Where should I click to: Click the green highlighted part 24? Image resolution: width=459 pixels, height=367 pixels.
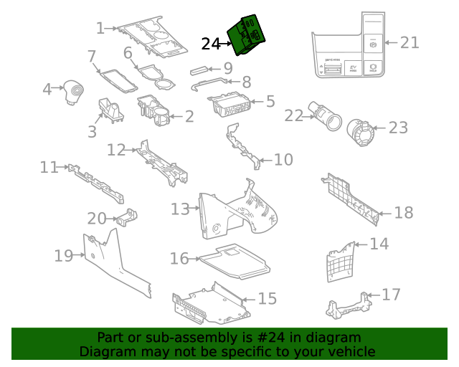tap(246, 36)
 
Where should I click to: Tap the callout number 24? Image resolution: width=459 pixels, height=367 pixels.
tap(211, 44)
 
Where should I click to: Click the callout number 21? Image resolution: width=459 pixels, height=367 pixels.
tap(410, 43)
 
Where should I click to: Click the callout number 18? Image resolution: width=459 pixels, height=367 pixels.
tap(404, 213)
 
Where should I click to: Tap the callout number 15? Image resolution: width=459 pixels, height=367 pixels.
tap(267, 297)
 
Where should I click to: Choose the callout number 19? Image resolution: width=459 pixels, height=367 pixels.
tap(64, 256)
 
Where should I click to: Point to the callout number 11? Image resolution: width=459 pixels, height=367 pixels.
tap(49, 167)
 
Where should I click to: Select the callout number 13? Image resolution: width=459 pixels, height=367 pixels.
tap(180, 209)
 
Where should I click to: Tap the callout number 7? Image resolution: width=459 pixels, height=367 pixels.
tap(91, 56)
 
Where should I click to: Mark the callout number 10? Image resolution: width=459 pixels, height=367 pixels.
tap(283, 159)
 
